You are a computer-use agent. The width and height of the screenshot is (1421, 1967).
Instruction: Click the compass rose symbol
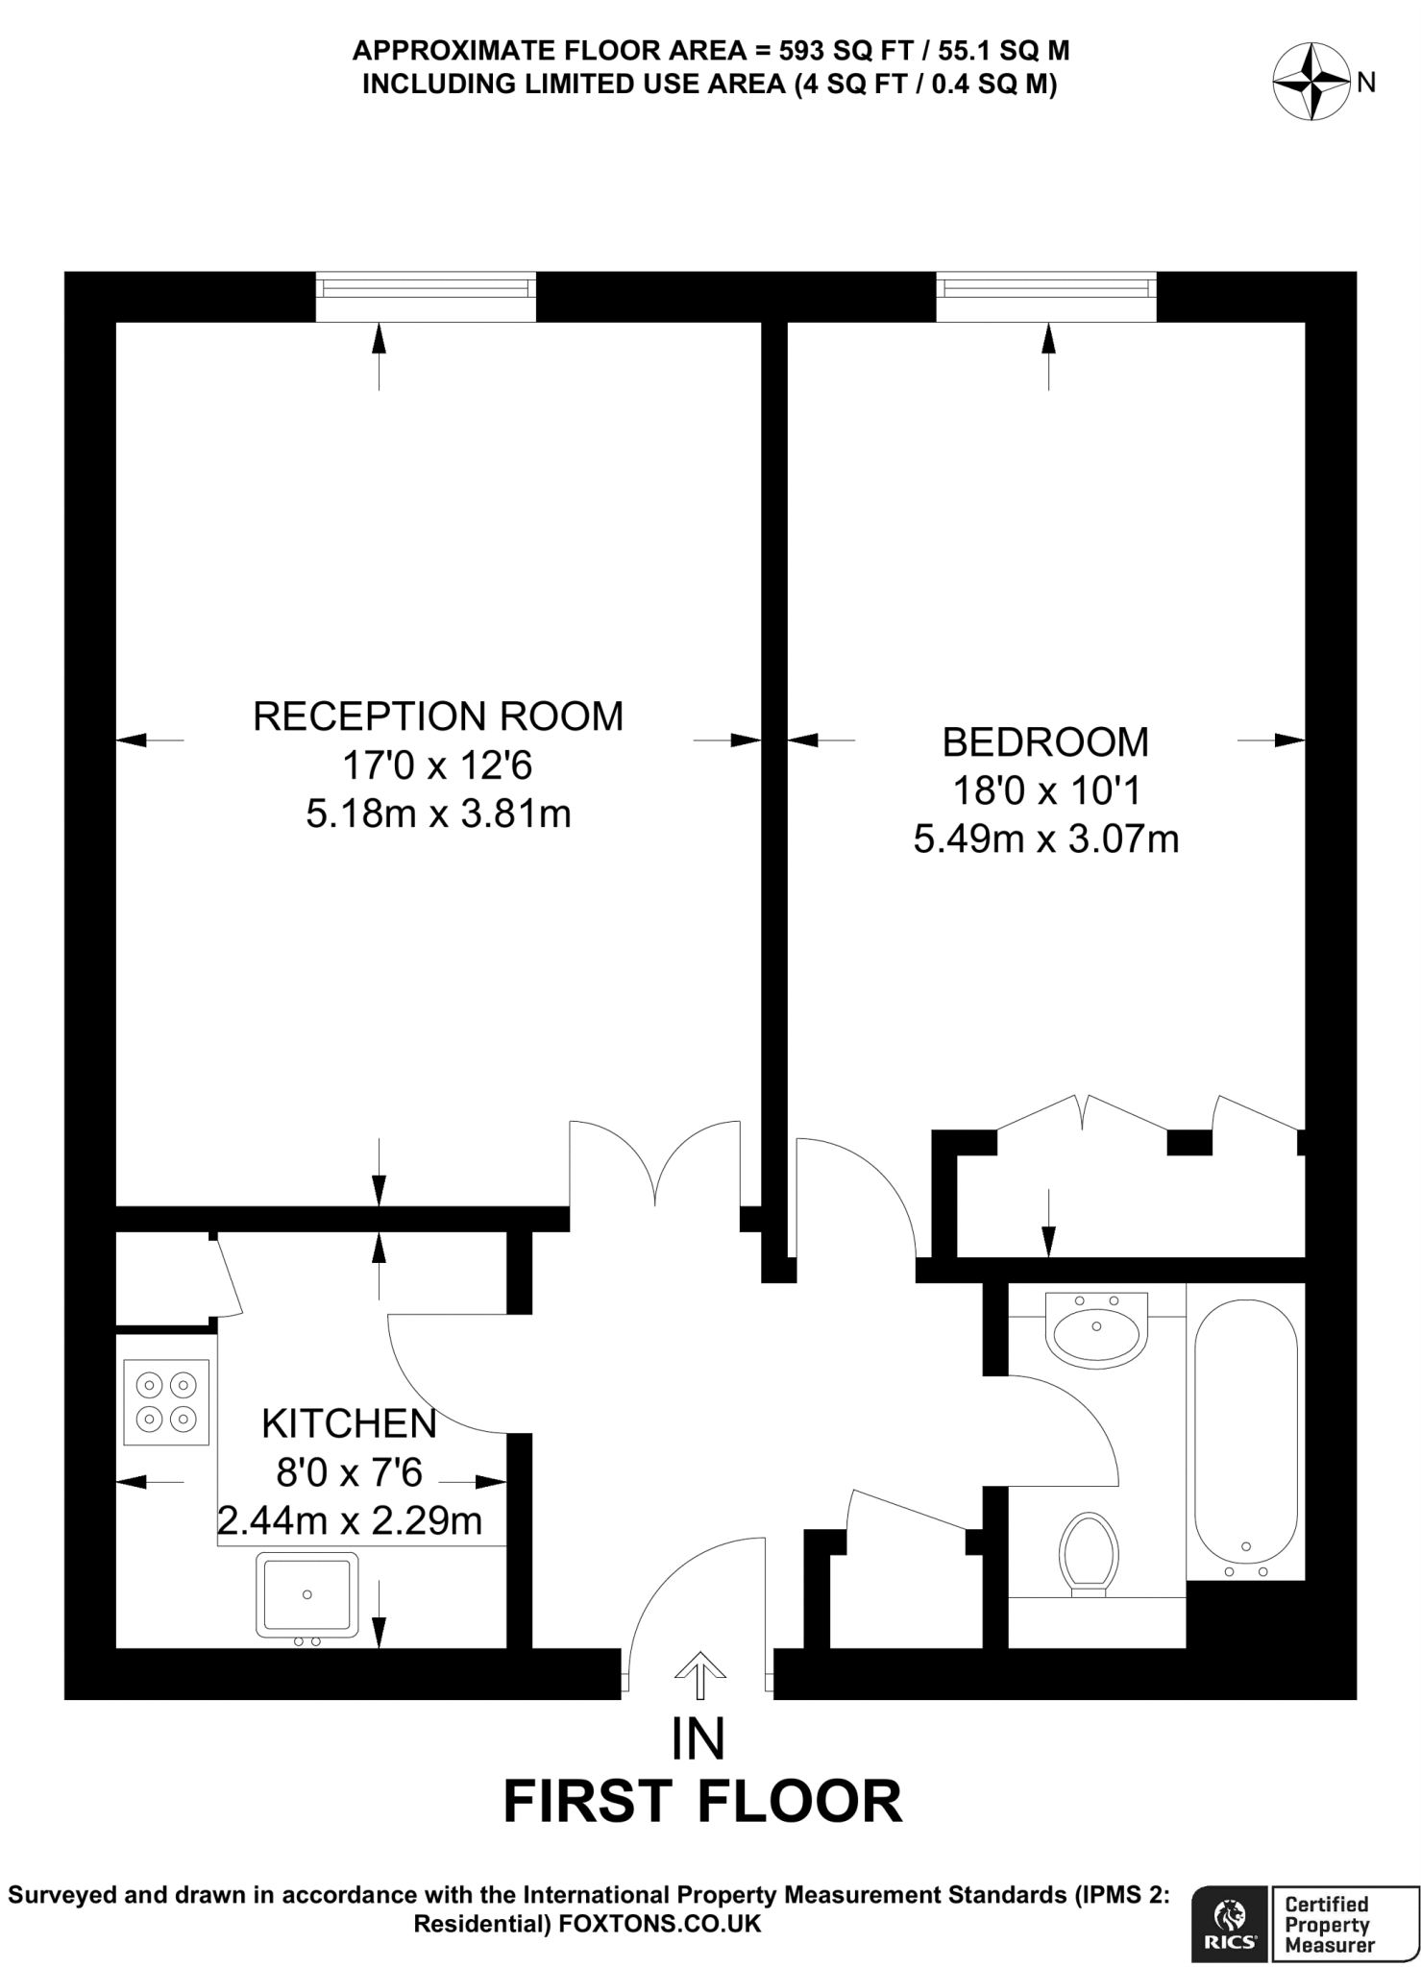(x=1311, y=83)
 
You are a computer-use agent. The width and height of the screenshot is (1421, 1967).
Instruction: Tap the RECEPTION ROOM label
(x=438, y=716)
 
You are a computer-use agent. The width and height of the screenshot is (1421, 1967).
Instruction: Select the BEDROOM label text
(x=1045, y=742)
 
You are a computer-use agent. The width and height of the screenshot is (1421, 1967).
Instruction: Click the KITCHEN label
(x=349, y=1423)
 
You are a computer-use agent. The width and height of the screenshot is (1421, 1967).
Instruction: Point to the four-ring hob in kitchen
(x=166, y=1402)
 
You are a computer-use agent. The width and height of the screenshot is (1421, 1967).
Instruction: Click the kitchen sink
(x=306, y=1595)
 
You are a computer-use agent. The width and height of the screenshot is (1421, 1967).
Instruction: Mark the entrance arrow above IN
(x=699, y=1676)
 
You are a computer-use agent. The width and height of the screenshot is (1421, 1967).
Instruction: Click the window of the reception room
(x=426, y=296)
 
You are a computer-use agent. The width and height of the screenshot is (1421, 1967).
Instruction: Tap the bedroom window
(x=1046, y=296)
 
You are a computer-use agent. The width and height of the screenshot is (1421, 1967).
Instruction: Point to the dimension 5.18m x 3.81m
(x=438, y=814)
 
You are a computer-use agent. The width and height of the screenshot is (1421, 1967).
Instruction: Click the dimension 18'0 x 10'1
(x=1045, y=791)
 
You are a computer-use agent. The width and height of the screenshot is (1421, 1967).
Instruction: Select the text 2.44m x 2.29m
(x=349, y=1521)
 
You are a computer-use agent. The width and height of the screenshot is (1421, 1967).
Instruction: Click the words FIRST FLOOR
(x=702, y=1802)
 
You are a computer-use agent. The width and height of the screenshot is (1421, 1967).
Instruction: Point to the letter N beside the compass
(x=1366, y=84)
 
